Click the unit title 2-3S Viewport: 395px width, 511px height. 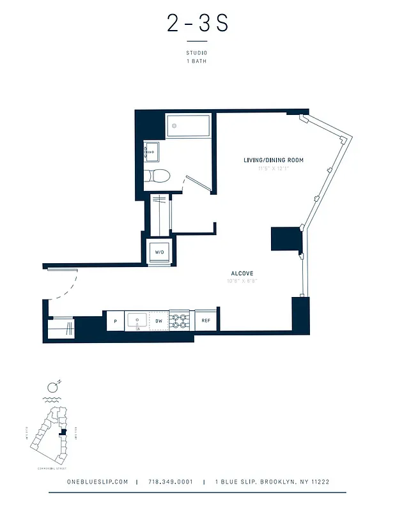(x=197, y=24)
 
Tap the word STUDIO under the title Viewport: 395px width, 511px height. (x=197, y=53)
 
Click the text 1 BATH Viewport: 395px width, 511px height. (x=197, y=61)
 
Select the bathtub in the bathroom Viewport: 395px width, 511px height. (x=189, y=126)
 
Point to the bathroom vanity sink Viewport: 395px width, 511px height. (x=151, y=152)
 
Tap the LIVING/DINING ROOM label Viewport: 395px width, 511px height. (x=273, y=160)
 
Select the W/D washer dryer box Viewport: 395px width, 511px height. (x=159, y=252)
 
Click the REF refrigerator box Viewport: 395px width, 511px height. (x=206, y=321)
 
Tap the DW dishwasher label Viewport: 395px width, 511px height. (x=159, y=321)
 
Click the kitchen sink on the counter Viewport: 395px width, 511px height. (x=137, y=321)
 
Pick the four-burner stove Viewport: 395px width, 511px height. (x=180, y=321)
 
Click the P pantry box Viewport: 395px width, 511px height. (x=115, y=321)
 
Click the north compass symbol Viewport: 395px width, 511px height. (x=54, y=386)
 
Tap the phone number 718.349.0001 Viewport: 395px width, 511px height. (x=170, y=482)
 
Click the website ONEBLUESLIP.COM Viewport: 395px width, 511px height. (x=97, y=482)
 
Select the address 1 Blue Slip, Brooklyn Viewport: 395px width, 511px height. (x=272, y=482)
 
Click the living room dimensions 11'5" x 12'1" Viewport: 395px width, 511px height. (x=273, y=169)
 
